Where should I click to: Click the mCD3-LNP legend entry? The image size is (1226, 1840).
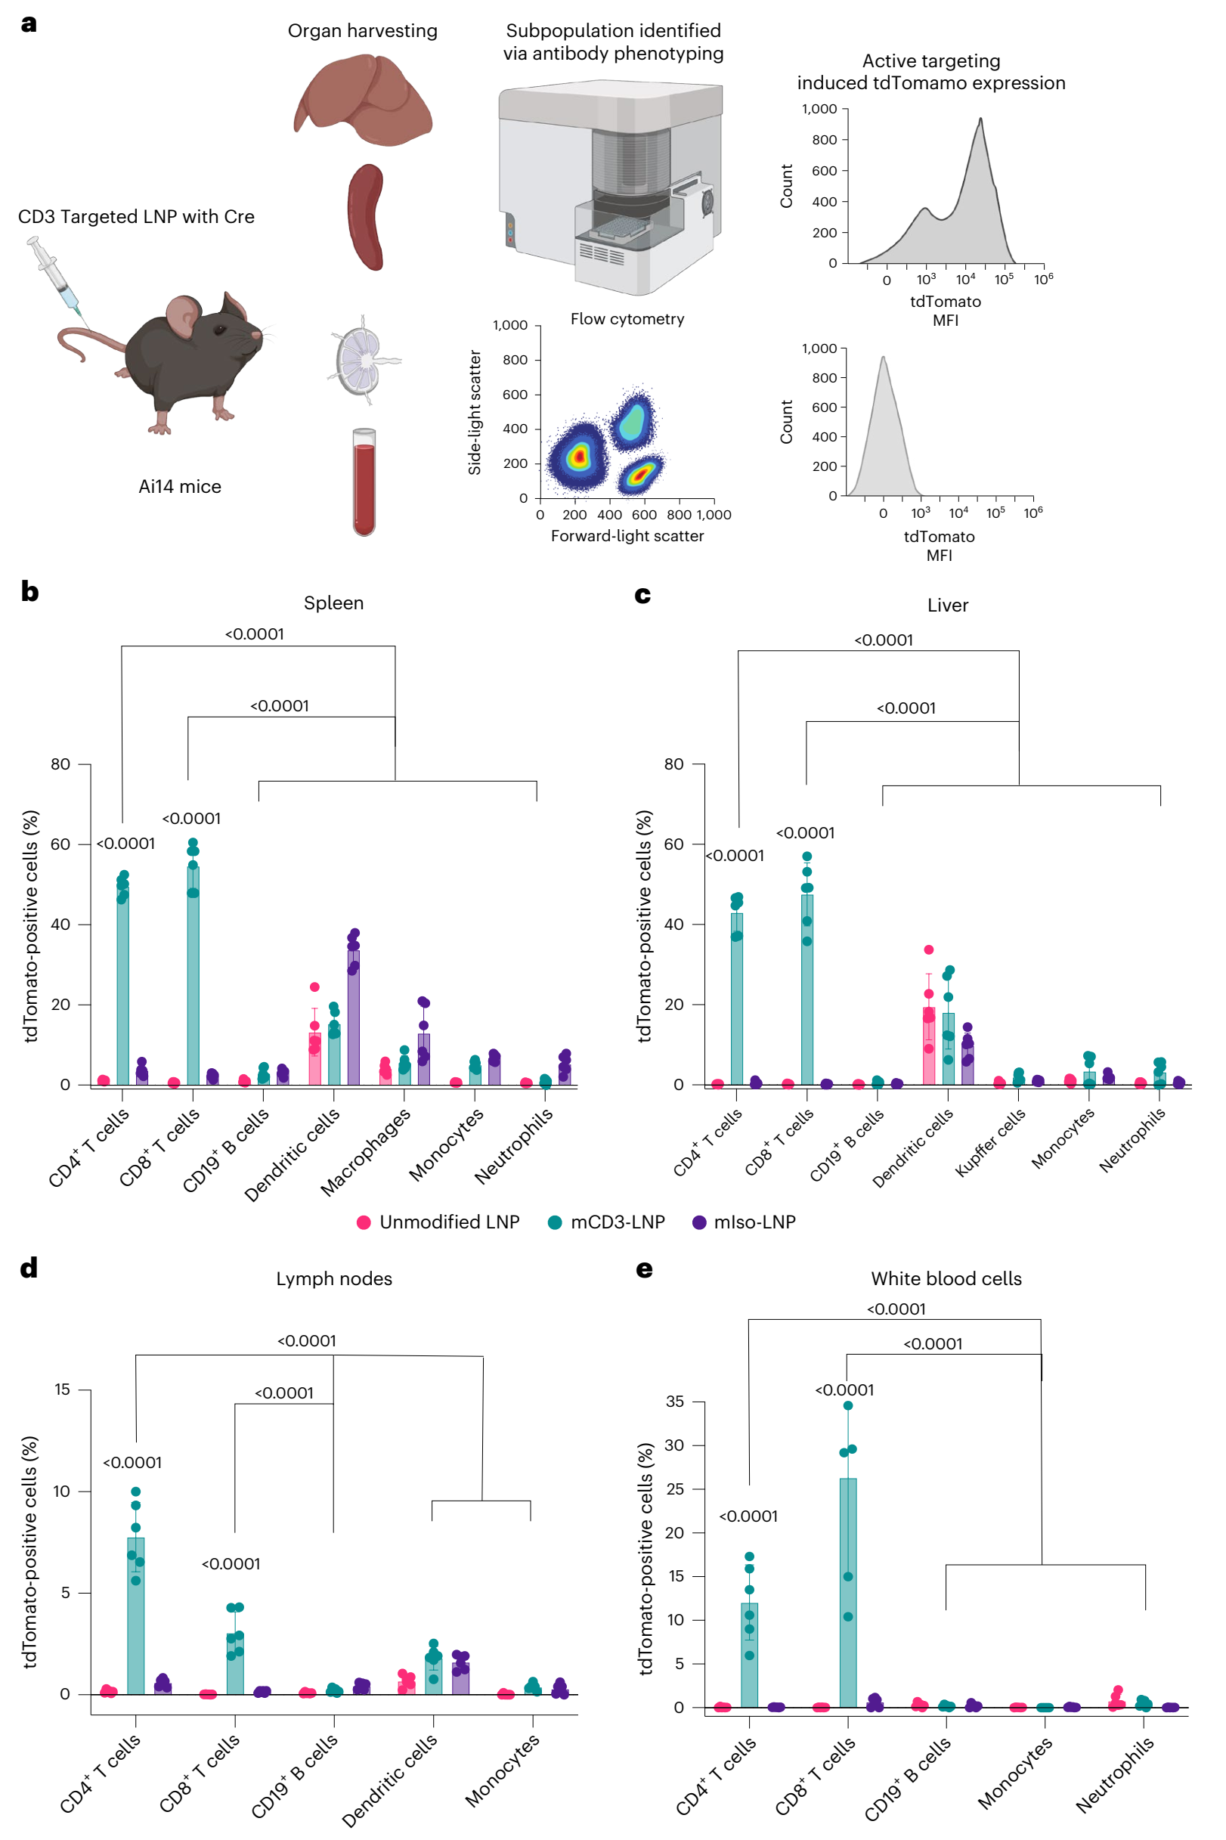[x=607, y=1222]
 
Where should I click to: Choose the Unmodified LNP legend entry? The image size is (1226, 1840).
[x=438, y=1222]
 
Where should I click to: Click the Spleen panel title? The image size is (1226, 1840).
[x=334, y=603]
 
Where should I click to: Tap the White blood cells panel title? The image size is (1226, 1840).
[x=946, y=1278]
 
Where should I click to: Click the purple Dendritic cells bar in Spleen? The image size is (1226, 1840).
[x=354, y=1017]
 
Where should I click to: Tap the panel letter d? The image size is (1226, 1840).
[x=29, y=1268]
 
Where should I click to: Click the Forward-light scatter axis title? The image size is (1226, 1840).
[x=627, y=536]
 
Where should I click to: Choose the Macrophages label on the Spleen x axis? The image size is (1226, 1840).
[x=365, y=1152]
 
